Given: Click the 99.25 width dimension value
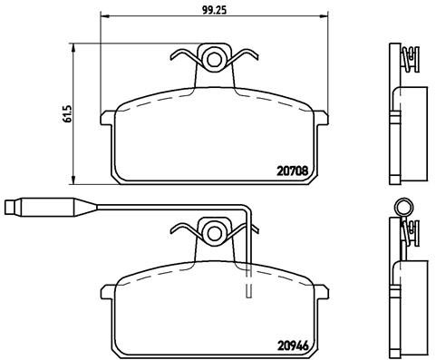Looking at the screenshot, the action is tap(214, 10).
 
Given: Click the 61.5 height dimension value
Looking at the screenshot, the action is tap(67, 114).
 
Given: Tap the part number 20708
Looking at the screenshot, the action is tap(293, 171).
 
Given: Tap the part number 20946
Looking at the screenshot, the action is tap(293, 345).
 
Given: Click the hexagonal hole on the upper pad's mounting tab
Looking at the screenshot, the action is tap(214, 60).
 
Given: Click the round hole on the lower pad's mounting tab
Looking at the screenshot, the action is tap(214, 233).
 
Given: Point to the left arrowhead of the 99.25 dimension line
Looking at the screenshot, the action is tap(103, 16).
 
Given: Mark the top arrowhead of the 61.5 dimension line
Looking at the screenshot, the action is tap(73, 47).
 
